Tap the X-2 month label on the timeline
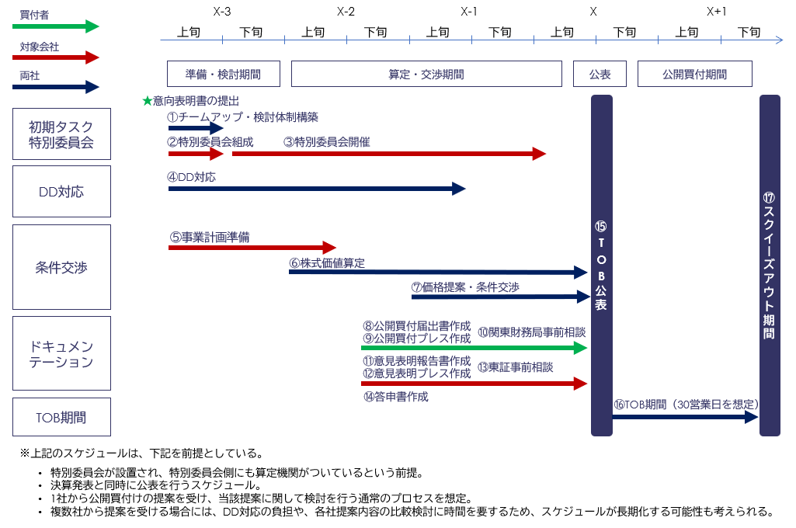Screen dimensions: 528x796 pyautogui.click(x=346, y=12)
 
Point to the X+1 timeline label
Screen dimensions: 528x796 pyautogui.click(x=717, y=12)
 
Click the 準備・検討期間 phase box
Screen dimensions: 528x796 pyautogui.click(x=222, y=74)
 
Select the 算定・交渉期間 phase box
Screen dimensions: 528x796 pyautogui.click(x=426, y=74)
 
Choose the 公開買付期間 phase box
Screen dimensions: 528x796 pyautogui.click(x=694, y=74)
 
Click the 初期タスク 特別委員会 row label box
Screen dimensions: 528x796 pyautogui.click(x=61, y=134)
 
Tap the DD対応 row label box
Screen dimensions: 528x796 pyautogui.click(x=61, y=191)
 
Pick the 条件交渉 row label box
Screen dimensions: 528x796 pyautogui.click(x=61, y=267)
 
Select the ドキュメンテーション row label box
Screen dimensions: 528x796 pyautogui.click(x=61, y=353)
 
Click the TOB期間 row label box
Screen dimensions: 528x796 pyautogui.click(x=61, y=417)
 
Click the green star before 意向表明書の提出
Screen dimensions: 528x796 pyautogui.click(x=148, y=101)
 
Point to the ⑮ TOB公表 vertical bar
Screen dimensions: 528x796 pyautogui.click(x=601, y=266)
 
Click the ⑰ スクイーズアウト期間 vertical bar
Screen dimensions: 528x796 pyautogui.click(x=769, y=266)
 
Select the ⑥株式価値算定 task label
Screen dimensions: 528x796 pyautogui.click(x=327, y=263)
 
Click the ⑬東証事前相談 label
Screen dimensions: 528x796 pyautogui.click(x=515, y=366)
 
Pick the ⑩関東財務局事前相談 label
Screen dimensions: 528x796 pyautogui.click(x=531, y=332)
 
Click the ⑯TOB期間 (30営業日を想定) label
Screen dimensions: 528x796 pyautogui.click(x=686, y=404)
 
